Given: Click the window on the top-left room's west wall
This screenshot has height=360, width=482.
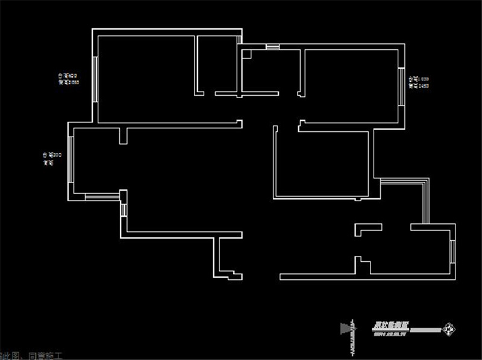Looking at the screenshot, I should point(96,80).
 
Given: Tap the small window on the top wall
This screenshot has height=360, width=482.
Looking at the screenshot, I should point(273,47).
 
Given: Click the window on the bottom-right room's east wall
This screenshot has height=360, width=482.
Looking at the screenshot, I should point(452,252).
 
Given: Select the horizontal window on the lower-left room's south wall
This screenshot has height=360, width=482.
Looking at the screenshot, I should point(102,196).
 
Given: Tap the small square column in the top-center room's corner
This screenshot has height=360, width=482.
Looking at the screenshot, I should point(246,54).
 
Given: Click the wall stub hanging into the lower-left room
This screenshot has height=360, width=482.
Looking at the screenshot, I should point(123,136).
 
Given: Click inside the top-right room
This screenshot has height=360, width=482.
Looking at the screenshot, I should point(352,84).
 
